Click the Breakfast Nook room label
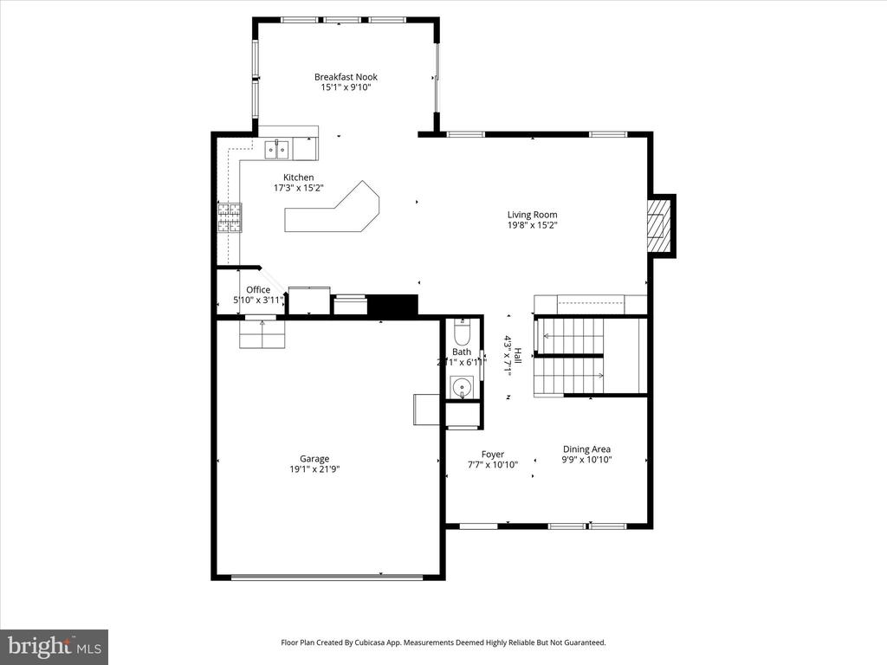tap(346, 77)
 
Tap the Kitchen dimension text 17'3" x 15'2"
tap(299, 188)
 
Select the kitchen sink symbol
tap(278, 150)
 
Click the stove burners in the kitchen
tap(230, 217)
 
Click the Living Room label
tap(532, 215)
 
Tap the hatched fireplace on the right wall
tap(661, 225)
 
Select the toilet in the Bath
tap(461, 333)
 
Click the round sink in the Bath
tap(462, 386)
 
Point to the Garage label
tap(314, 459)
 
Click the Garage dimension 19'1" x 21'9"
tap(314, 470)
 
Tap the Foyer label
tap(493, 454)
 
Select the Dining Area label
tap(586, 449)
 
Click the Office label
tap(258, 290)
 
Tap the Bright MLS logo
tap(54, 647)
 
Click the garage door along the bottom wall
tap(327, 577)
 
